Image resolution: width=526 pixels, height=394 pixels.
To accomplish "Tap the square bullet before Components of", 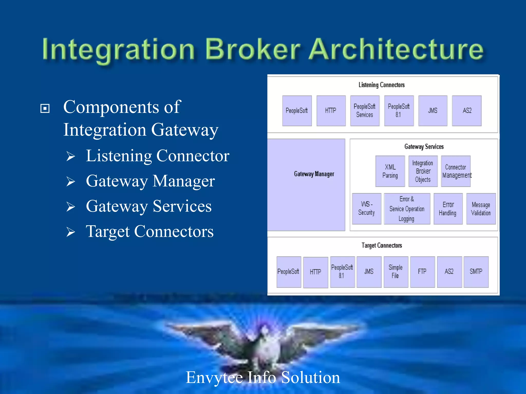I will pyautogui.click(x=45, y=108).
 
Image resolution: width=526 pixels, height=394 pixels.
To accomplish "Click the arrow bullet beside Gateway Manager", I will pyautogui.click(x=71, y=182).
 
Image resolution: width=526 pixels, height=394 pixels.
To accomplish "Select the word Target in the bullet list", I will pyautogui.click(x=108, y=232).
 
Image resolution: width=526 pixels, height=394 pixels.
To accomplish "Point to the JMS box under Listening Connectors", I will pyautogui.click(x=433, y=111).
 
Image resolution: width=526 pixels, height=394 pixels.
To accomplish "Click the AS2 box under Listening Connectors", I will pyautogui.click(x=467, y=111).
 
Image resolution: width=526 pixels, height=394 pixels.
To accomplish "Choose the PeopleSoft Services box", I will pyautogui.click(x=365, y=111).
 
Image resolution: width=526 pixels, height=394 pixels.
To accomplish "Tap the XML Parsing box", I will pyautogui.click(x=390, y=171).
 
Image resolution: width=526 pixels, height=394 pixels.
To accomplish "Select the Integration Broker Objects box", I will pyautogui.click(x=423, y=171).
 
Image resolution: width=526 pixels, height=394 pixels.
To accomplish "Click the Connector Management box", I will pyautogui.click(x=456, y=171).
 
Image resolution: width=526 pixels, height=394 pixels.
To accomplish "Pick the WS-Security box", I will pyautogui.click(x=367, y=209).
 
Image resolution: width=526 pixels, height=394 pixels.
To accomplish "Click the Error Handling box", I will pyautogui.click(x=448, y=209).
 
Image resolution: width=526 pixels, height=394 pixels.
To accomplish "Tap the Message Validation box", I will pyautogui.click(x=481, y=209).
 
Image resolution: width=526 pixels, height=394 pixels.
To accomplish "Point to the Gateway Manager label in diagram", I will pyautogui.click(x=314, y=174).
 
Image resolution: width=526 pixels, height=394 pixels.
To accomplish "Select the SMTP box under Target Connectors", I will pyautogui.click(x=476, y=272).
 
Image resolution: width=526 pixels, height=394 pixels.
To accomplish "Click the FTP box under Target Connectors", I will pyautogui.click(x=422, y=272).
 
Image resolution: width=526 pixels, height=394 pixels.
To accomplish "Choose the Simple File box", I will pyautogui.click(x=396, y=272).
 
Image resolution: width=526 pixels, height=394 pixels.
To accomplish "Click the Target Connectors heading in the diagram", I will pyautogui.click(x=382, y=245).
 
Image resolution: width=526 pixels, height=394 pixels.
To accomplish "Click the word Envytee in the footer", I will pyautogui.click(x=214, y=378).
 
